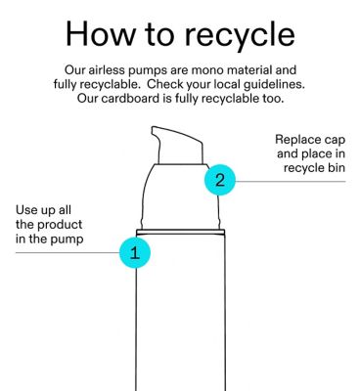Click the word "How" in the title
[100, 33]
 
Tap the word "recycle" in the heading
[240, 36]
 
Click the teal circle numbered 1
[135, 252]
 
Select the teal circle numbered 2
[220, 180]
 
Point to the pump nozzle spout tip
[154, 129]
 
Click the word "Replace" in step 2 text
[293, 140]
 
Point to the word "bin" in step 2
[337, 167]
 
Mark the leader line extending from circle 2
[291, 182]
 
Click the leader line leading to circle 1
[67, 252]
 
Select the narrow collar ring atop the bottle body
[180, 232]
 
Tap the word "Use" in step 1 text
[26, 210]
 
